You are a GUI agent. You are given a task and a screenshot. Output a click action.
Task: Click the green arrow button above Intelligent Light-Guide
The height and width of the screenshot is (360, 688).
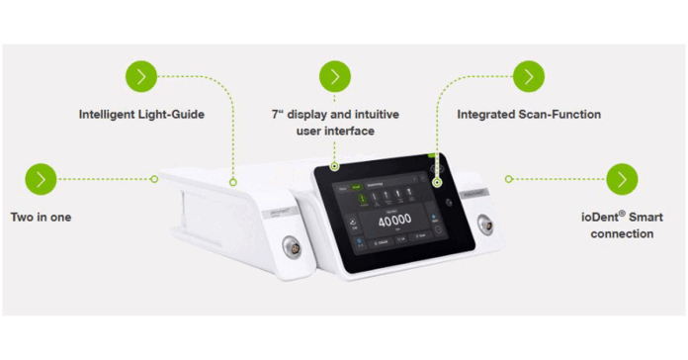[141, 76]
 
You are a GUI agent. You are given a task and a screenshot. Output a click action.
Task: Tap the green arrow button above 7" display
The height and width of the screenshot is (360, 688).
[336, 76]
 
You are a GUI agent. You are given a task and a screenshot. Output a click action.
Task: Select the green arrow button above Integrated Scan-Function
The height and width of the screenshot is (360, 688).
[529, 76]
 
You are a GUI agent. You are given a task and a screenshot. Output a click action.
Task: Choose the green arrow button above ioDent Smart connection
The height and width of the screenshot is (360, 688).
[621, 179]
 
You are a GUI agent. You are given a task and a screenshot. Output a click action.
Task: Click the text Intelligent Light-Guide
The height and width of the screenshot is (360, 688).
[141, 115]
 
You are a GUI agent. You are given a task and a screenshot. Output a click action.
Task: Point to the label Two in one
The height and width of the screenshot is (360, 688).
[42, 216]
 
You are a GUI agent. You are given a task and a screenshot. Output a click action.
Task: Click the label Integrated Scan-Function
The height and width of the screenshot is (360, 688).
[529, 115]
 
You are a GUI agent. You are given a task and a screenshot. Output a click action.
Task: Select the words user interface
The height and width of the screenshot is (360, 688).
[336, 131]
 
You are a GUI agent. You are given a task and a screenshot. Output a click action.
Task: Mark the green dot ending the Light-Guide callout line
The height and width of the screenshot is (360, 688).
[233, 181]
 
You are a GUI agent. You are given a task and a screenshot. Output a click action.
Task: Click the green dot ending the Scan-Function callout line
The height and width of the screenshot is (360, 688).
[436, 180]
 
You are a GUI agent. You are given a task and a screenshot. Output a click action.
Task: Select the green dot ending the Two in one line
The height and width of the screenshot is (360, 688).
[154, 179]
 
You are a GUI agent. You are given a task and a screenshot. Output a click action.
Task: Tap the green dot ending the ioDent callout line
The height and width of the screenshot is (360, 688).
[508, 179]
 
